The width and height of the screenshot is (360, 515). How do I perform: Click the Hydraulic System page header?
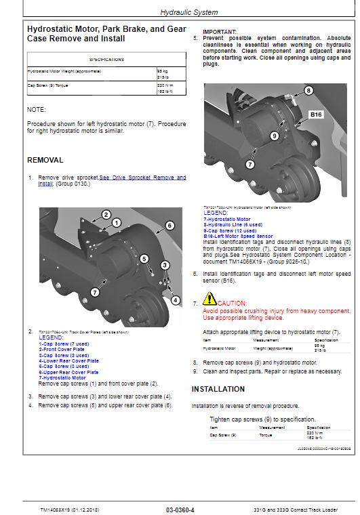tap(179, 12)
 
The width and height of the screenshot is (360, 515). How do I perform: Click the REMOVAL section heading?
tap(45, 161)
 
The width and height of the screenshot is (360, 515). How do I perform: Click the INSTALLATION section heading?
tap(218, 389)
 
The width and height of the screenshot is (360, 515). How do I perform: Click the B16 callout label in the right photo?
tap(317, 115)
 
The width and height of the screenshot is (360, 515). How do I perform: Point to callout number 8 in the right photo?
tap(308, 90)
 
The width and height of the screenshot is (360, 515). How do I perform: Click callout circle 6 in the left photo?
tap(169, 225)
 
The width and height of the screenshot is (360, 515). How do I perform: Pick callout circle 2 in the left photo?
tap(106, 215)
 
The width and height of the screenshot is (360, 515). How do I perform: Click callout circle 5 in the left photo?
tap(144, 258)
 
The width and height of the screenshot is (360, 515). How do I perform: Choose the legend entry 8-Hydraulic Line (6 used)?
tap(234, 225)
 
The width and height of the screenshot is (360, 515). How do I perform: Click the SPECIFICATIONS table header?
tap(106, 60)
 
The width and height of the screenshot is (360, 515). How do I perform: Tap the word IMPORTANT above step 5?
tap(220, 32)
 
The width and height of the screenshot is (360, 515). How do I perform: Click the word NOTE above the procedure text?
tap(36, 109)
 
